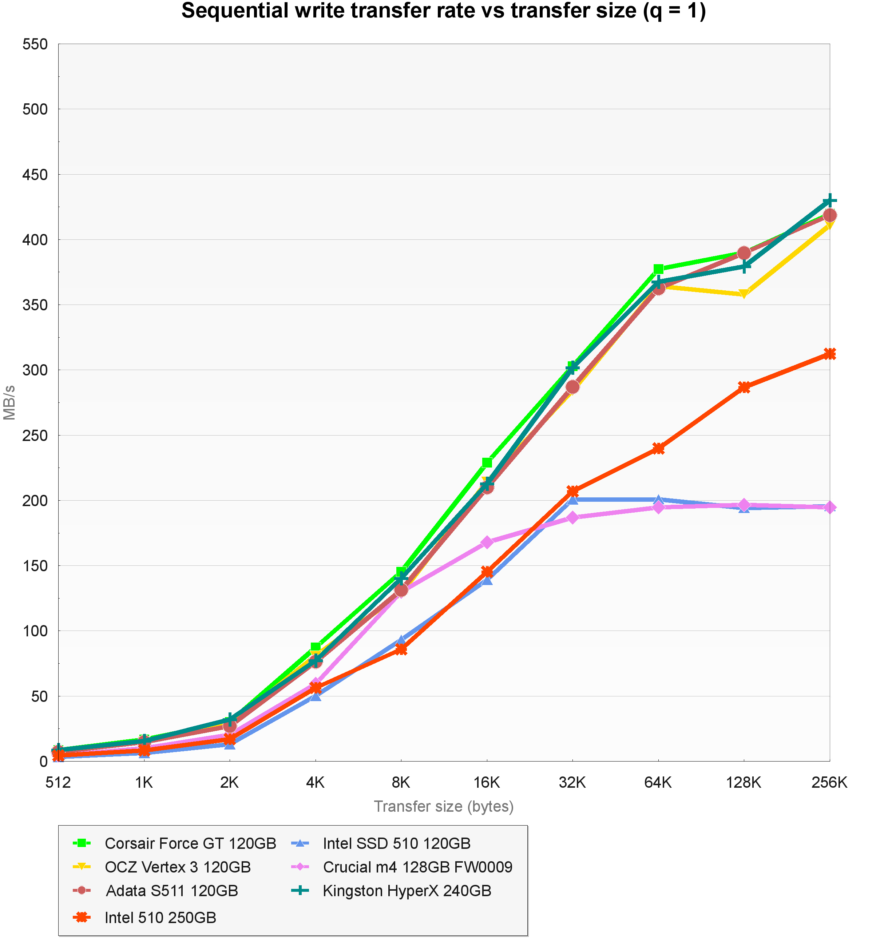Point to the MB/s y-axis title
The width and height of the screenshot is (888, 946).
[9, 402]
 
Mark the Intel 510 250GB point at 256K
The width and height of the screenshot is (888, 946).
[829, 354]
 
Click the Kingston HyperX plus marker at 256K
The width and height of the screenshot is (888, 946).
[829, 201]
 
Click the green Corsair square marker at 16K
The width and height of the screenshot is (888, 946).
[487, 462]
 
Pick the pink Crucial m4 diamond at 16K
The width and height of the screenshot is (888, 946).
[487, 542]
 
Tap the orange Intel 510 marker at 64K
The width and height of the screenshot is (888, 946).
[658, 448]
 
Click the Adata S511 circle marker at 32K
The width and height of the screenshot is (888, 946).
[572, 387]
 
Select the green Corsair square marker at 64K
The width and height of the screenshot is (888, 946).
[658, 269]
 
